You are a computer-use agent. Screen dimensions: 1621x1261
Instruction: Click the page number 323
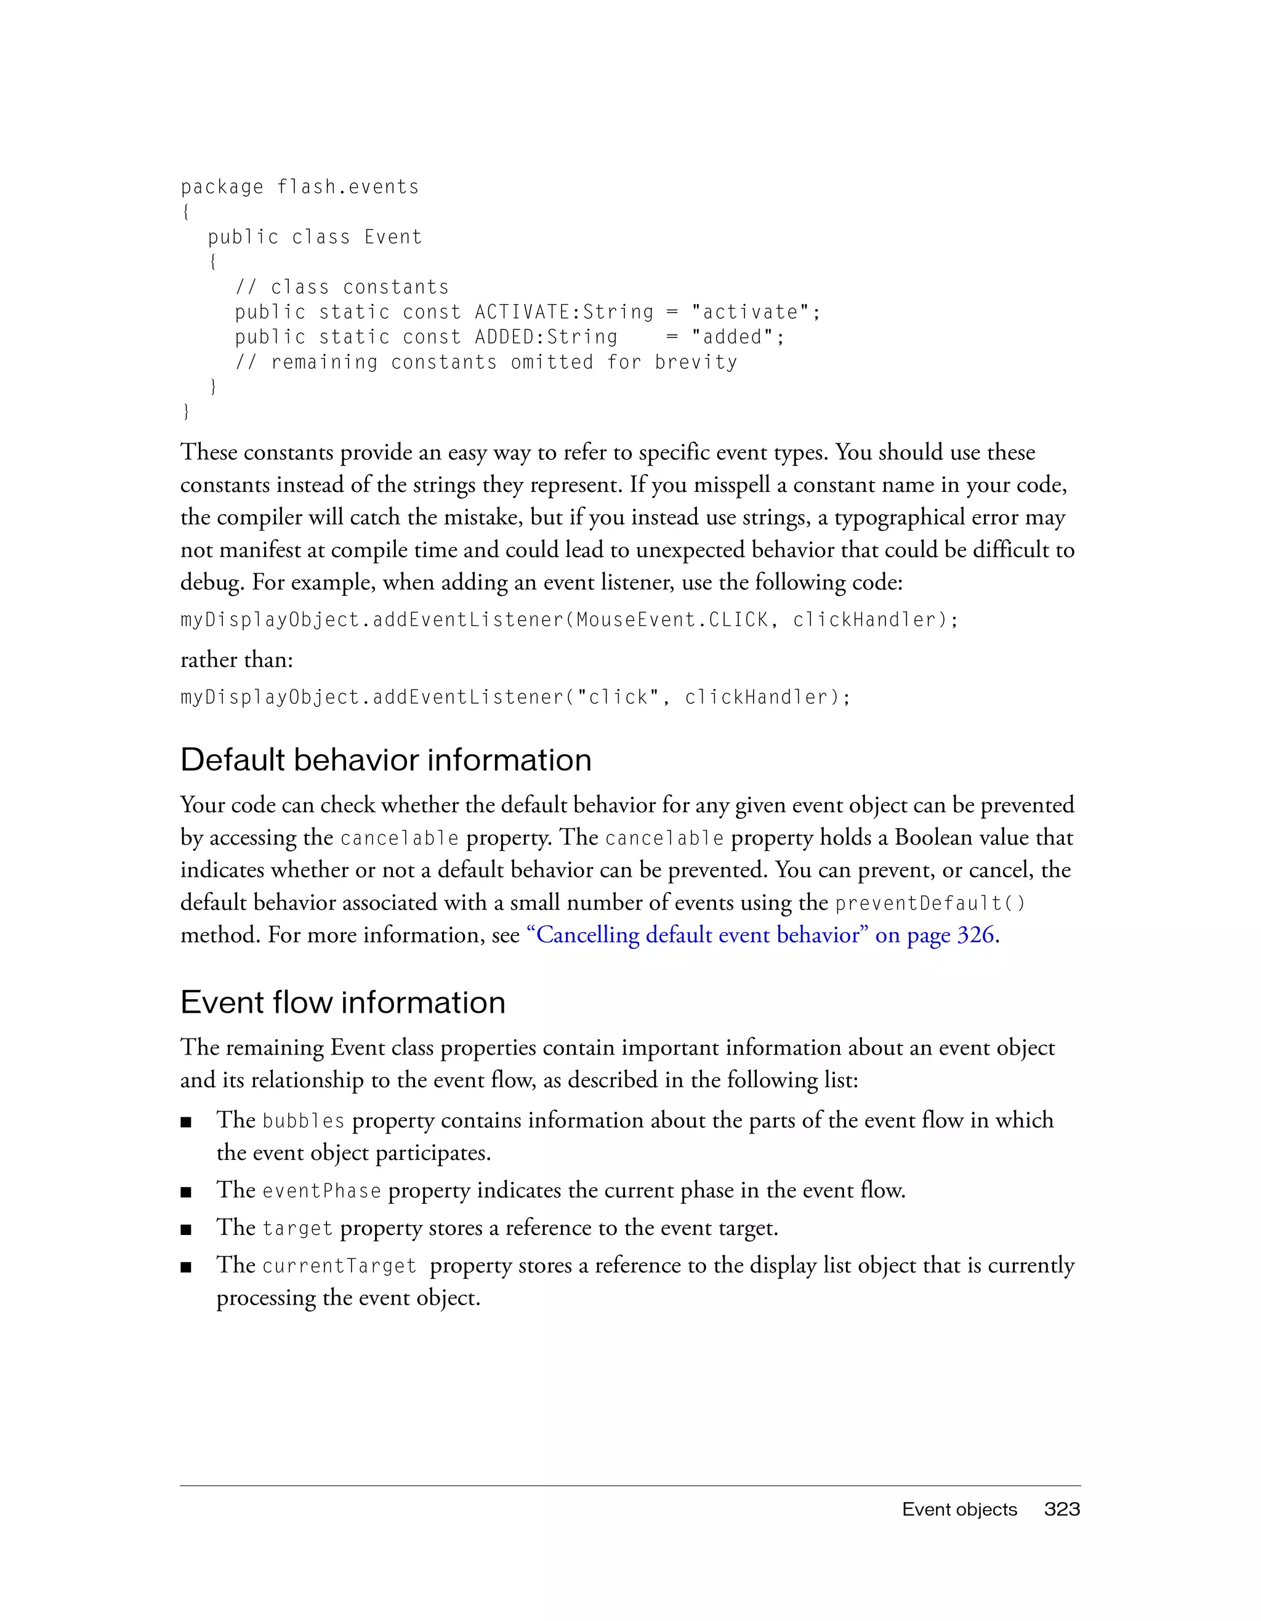(1062, 1509)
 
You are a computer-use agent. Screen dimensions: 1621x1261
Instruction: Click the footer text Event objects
(959, 1509)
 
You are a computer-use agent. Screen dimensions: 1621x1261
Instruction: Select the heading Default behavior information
(386, 760)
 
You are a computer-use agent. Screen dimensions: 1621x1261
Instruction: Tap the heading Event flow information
(343, 1002)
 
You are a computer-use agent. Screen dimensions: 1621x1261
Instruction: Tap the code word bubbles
(304, 1120)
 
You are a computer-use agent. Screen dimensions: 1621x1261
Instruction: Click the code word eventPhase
(322, 1191)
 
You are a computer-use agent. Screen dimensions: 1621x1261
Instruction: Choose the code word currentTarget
(339, 1266)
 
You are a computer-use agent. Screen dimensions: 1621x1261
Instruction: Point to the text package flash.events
(300, 187)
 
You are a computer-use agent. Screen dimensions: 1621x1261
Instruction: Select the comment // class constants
(342, 288)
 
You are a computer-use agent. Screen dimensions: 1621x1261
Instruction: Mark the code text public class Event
(315, 238)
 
